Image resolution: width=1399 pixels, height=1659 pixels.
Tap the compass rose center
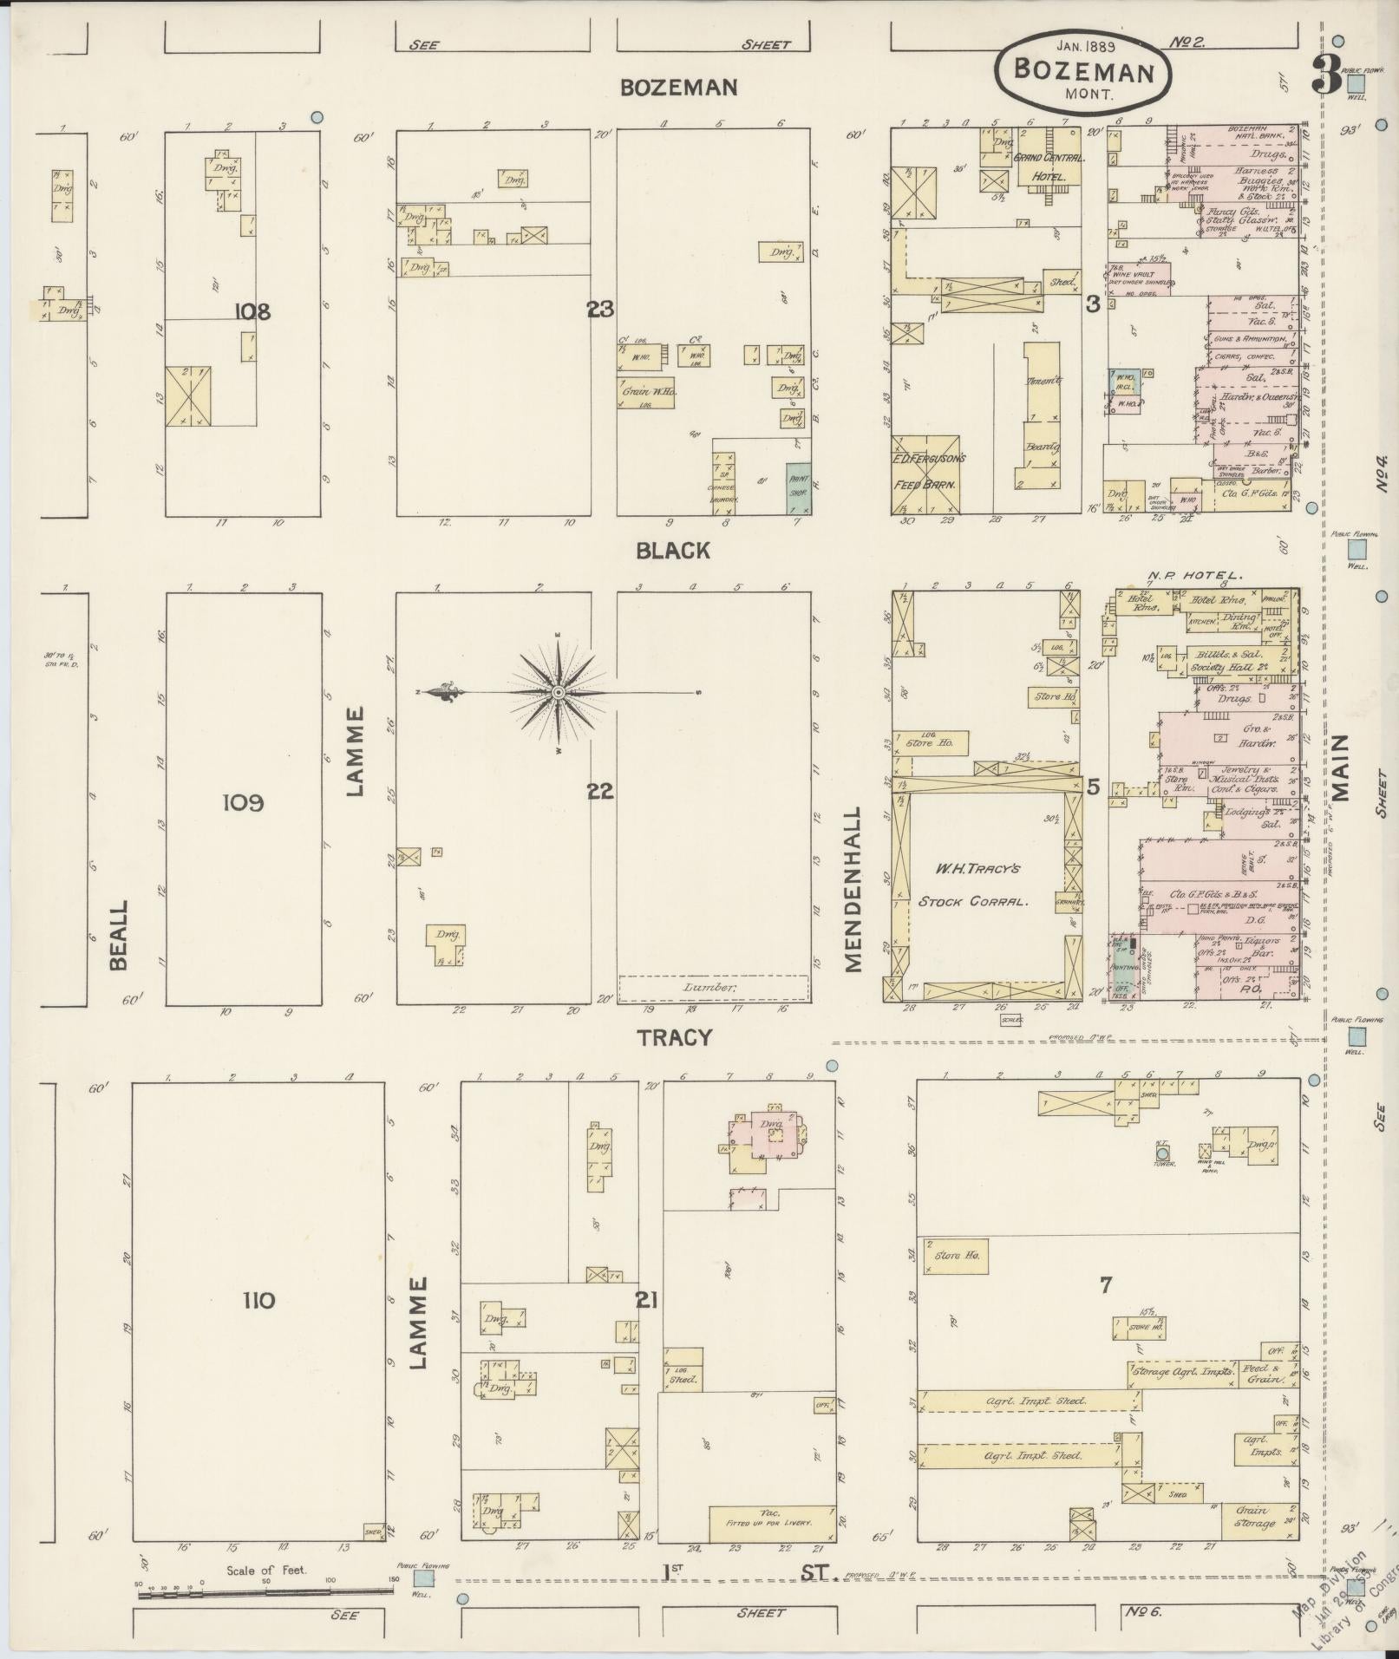click(x=559, y=692)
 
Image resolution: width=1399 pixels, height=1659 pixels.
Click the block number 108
click(x=252, y=310)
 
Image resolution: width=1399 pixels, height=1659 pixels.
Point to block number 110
click(x=259, y=1300)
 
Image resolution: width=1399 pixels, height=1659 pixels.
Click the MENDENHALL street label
click(x=853, y=890)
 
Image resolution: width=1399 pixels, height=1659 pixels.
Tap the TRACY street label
click(x=675, y=1037)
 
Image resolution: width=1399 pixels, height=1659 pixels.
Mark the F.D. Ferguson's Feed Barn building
click(x=928, y=473)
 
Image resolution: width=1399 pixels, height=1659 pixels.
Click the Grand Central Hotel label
click(x=1046, y=166)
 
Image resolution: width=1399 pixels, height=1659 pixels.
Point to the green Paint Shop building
click(x=797, y=490)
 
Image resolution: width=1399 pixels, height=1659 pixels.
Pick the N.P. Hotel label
click(x=1196, y=575)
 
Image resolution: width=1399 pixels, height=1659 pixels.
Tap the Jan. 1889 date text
click(x=1084, y=44)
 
